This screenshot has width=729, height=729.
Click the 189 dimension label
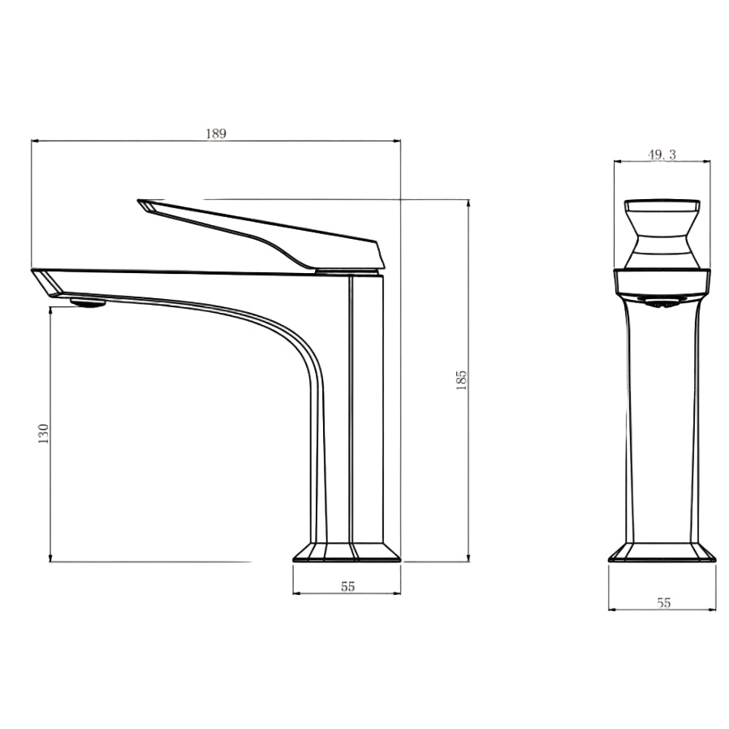click(x=215, y=133)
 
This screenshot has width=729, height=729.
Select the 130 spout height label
click(x=44, y=432)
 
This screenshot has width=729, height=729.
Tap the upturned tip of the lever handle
click(x=146, y=204)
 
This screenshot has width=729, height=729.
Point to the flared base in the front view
click(x=662, y=552)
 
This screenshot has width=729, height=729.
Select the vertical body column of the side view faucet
click(x=365, y=406)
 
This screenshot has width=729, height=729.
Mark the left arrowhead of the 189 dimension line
click(x=34, y=141)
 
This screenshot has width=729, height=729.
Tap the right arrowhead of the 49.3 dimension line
click(x=707, y=162)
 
